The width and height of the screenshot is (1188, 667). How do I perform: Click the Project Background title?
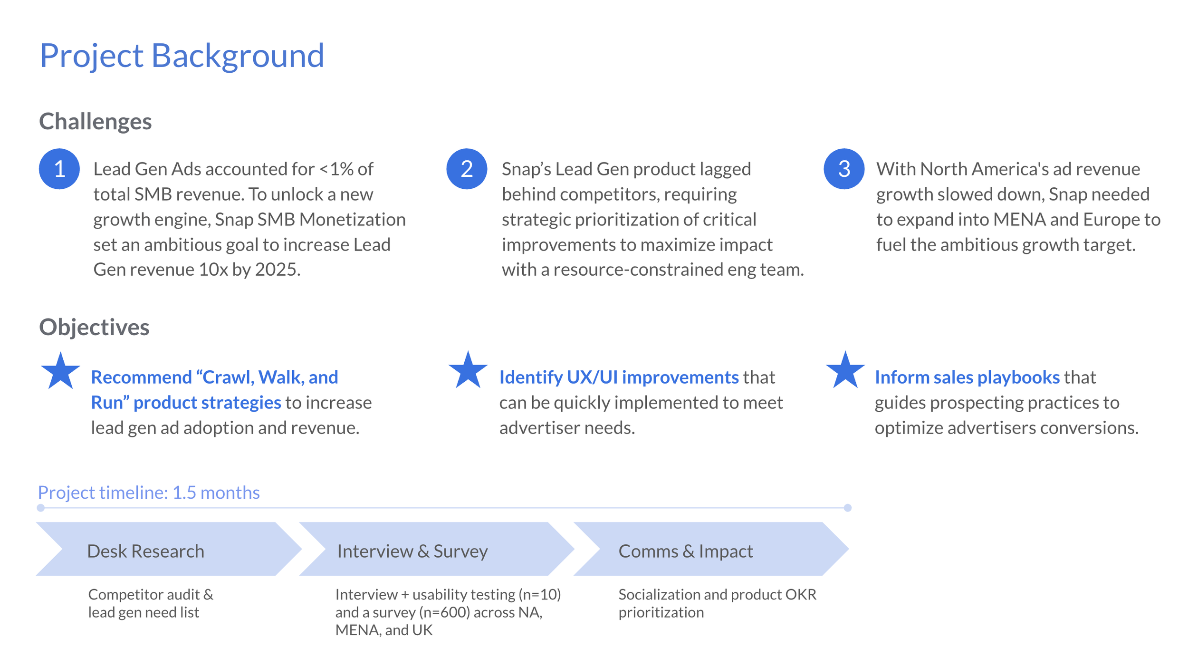182,56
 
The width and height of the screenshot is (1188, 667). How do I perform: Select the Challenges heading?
95,121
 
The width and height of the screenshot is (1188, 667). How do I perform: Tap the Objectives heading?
94,327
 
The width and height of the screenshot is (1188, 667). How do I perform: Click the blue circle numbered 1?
59,169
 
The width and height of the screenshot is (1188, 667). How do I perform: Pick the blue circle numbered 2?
467,169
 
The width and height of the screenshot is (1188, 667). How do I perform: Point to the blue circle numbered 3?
844,169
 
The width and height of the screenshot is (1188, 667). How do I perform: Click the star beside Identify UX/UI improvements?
468,371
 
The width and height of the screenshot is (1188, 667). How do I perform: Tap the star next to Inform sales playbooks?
845,371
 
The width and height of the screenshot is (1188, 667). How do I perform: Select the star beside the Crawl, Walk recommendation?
60,372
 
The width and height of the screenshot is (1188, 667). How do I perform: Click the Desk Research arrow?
169,549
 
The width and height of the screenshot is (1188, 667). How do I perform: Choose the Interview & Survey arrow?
436,549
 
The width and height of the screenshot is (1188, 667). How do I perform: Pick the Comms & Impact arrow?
710,549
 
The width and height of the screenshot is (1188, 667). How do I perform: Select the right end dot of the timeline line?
847,508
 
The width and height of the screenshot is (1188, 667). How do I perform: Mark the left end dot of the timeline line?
41,508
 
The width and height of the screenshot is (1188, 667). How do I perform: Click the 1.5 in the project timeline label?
184,493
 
